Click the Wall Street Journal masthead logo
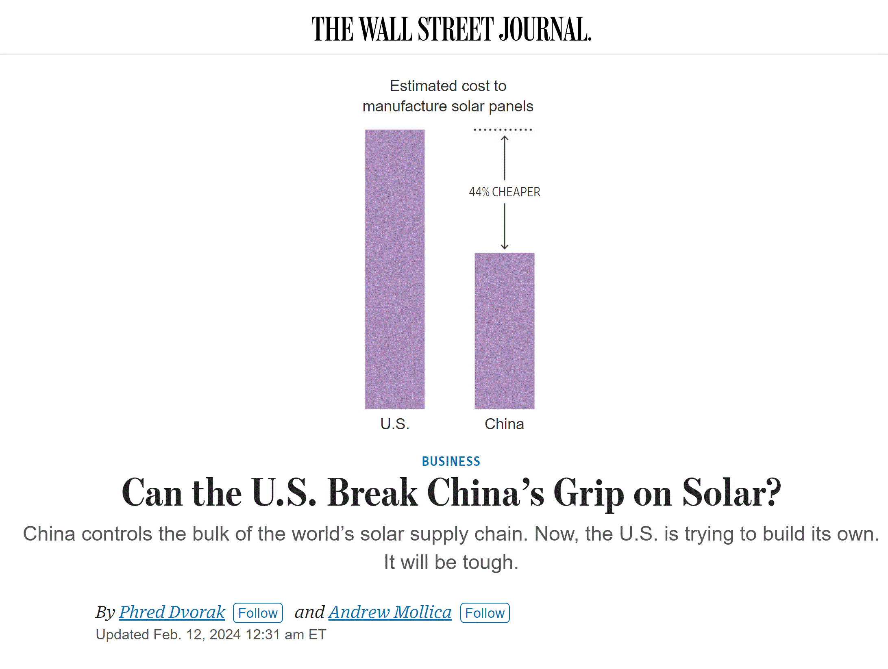click(x=451, y=29)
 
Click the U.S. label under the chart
click(x=394, y=424)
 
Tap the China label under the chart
click(x=504, y=424)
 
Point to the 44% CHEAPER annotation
click(x=504, y=192)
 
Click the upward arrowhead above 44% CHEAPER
click(x=505, y=138)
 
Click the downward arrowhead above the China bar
click(x=505, y=247)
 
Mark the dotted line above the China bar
click(x=503, y=130)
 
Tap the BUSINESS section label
click(x=451, y=461)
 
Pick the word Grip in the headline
click(x=589, y=493)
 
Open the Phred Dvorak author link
click(x=172, y=612)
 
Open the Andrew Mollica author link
click(x=390, y=612)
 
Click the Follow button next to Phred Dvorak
click(x=258, y=613)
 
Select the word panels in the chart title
click(x=511, y=106)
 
